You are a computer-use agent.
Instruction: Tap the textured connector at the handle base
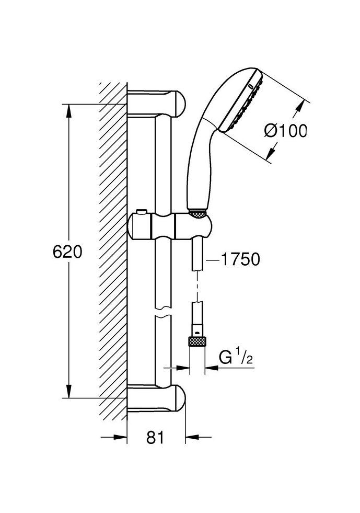pos(198,213)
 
